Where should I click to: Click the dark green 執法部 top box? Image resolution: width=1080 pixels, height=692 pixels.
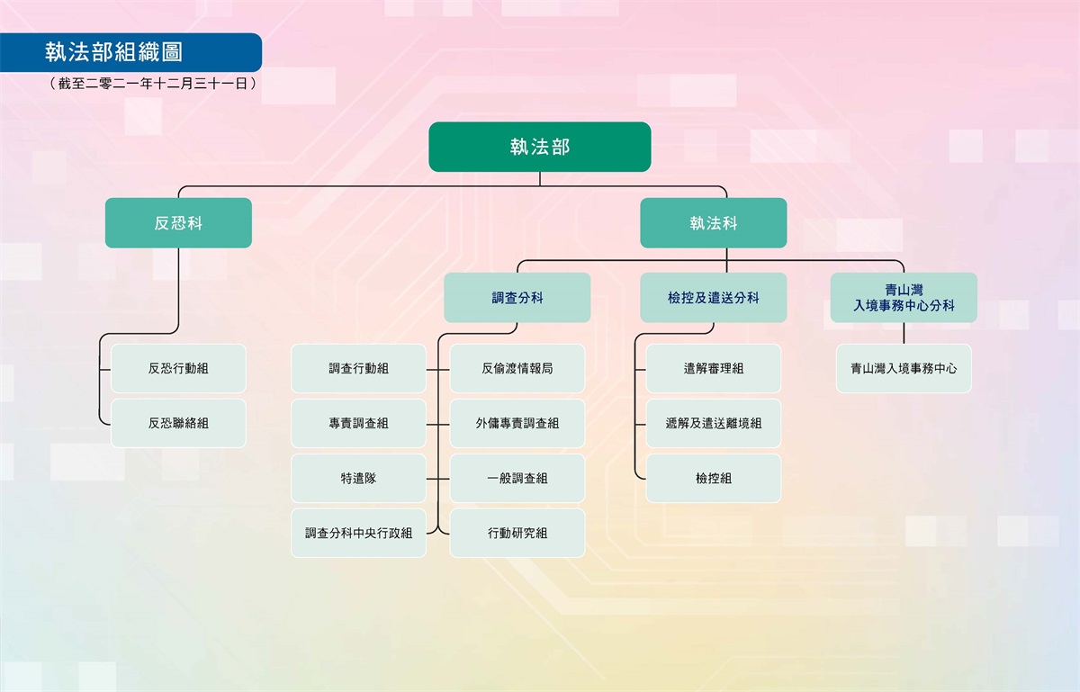pyautogui.click(x=539, y=147)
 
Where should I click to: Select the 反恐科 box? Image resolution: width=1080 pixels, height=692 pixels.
pyautogui.click(x=178, y=223)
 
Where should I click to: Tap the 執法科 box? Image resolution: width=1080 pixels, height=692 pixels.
pyautogui.click(x=713, y=223)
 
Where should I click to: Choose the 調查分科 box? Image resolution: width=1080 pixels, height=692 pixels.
pyautogui.click(x=517, y=298)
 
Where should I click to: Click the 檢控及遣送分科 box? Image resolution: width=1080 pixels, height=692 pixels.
pyautogui.click(x=713, y=298)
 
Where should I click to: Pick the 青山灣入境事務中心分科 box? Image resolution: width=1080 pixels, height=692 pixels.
pyautogui.click(x=904, y=298)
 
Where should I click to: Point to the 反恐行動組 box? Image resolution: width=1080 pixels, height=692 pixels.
pyautogui.click(x=178, y=368)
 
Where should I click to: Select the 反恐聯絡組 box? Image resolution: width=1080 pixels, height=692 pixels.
pyautogui.click(x=178, y=423)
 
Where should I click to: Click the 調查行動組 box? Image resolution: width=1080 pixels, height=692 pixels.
pyautogui.click(x=358, y=368)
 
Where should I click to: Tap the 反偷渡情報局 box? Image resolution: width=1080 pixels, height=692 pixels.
pyautogui.click(x=517, y=368)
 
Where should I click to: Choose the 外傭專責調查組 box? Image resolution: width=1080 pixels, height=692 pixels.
pyautogui.click(x=517, y=423)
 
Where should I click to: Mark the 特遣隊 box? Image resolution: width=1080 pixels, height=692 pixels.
pyautogui.click(x=358, y=478)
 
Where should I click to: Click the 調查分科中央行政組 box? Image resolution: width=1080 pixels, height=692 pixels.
pyautogui.click(x=358, y=533)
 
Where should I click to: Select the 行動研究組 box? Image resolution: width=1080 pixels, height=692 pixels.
pyautogui.click(x=517, y=533)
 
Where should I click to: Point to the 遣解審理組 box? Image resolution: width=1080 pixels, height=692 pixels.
pyautogui.click(x=713, y=368)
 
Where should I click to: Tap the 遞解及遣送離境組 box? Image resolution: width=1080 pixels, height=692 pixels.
pyautogui.click(x=713, y=423)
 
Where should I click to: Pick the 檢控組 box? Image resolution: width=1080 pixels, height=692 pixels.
pyautogui.click(x=713, y=478)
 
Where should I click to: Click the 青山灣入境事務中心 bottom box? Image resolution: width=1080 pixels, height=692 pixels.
pyautogui.click(x=904, y=368)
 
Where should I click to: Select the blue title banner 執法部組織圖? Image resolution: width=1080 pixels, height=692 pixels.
pyautogui.click(x=130, y=52)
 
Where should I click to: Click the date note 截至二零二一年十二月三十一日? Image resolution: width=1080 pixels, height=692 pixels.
pyautogui.click(x=153, y=84)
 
